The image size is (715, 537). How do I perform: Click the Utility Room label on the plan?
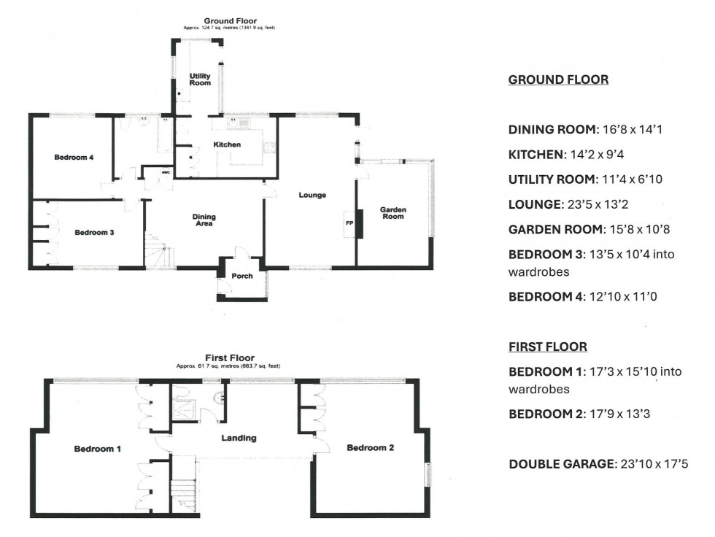pyautogui.click(x=200, y=80)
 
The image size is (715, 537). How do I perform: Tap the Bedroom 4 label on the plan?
pyautogui.click(x=74, y=157)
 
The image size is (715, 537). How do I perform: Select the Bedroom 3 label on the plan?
pyautogui.click(x=94, y=233)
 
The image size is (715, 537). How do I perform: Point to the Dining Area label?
pyautogui.click(x=204, y=220)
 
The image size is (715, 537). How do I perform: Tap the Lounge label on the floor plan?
pyautogui.click(x=312, y=195)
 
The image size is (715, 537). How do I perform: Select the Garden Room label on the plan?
pyautogui.click(x=393, y=213)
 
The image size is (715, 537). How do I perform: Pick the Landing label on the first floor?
pyautogui.click(x=239, y=438)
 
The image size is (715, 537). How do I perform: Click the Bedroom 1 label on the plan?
pyautogui.click(x=98, y=449)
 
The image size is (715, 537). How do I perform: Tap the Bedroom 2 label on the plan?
pyautogui.click(x=370, y=447)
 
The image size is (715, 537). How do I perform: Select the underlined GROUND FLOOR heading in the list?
pyautogui.click(x=557, y=80)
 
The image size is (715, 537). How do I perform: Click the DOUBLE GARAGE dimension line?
pyautogui.click(x=598, y=463)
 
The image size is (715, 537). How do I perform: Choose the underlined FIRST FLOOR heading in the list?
pyautogui.click(x=547, y=347)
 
